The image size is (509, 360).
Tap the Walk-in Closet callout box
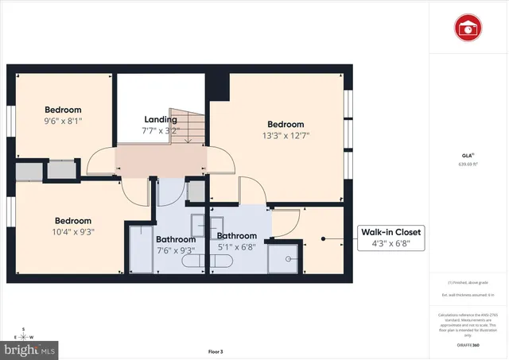tap(391, 238)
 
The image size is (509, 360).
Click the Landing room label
tap(161, 120)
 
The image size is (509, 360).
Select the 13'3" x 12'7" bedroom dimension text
tap(285, 136)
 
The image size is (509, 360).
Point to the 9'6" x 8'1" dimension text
tap(63, 122)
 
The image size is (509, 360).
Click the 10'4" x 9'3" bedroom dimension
tap(73, 233)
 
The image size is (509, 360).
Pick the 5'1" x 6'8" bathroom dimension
tap(237, 247)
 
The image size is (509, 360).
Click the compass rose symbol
tap(24, 334)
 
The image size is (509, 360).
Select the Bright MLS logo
tap(30, 348)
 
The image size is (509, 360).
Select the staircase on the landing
tap(188, 126)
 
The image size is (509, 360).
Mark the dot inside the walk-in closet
tap(323, 238)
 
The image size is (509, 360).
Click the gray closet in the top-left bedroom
tap(45, 171)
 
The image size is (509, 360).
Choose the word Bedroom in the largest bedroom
tap(285, 124)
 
